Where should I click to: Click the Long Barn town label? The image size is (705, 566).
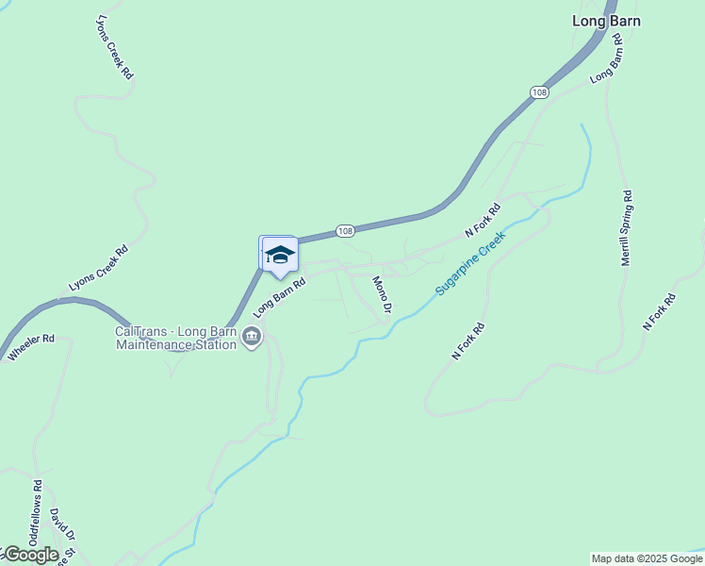coord(607,20)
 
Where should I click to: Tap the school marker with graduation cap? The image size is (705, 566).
coord(279,255)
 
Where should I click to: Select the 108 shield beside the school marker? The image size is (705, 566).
coord(345,231)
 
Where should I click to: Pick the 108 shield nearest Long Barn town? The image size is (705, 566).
coord(538,92)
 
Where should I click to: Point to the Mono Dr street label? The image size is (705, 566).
coord(382,294)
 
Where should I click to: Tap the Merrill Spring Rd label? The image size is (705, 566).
coord(626,227)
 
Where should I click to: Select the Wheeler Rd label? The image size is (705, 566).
coord(32,347)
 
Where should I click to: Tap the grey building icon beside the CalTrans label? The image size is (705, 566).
coord(252,337)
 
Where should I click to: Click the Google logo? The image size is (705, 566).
coord(30,554)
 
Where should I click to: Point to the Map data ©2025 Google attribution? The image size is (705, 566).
coord(647,558)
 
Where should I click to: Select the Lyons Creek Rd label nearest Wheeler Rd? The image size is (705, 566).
coord(98,270)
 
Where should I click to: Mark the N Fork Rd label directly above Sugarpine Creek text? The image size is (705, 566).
coord(482,221)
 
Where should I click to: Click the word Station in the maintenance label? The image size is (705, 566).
coord(215,345)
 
